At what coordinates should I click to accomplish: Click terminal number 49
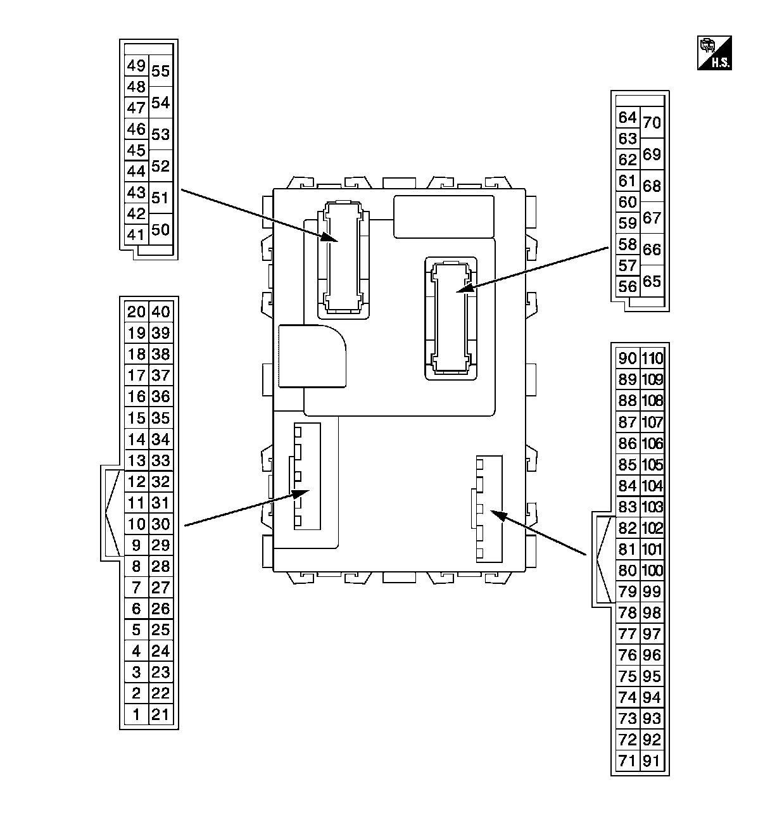coord(136,65)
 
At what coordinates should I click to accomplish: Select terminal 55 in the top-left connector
coord(161,71)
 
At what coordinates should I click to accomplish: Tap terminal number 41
coord(136,235)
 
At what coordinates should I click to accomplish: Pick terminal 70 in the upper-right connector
coord(652,122)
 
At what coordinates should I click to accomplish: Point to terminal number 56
coord(627,287)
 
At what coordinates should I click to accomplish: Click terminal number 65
coord(652,282)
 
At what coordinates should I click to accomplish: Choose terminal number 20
coord(136,312)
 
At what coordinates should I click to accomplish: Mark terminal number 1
coord(136,715)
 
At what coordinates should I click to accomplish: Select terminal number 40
coord(161,312)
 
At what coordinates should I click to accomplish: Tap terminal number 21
coord(161,715)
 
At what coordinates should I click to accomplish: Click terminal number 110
coord(652,358)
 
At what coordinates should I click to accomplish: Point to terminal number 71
coord(627,761)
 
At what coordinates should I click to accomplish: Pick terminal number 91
coord(652,761)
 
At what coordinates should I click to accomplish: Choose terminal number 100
coord(652,571)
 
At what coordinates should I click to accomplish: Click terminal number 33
coord(161,460)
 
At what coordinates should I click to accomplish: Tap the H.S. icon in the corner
coord(714,53)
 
